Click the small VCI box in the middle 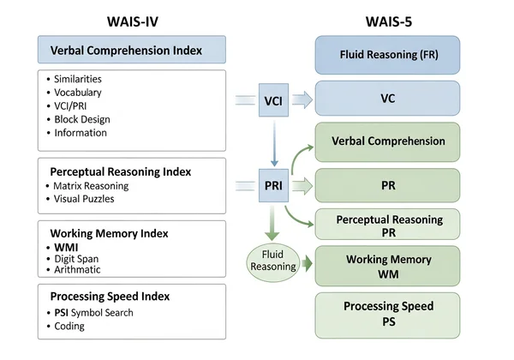tap(272, 100)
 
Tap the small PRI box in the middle tap(272, 183)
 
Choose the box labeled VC tap(387, 99)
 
